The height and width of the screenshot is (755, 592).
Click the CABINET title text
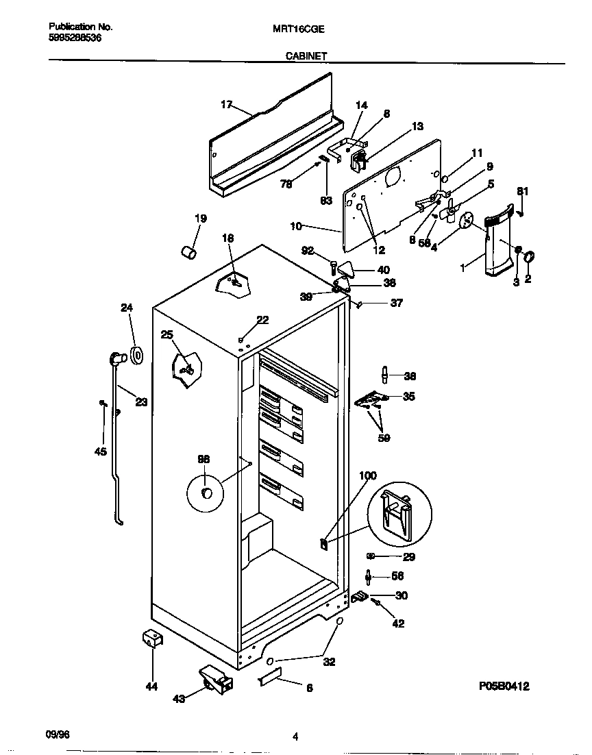306,58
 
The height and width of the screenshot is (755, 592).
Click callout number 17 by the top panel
226,104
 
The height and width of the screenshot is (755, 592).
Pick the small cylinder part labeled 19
188,252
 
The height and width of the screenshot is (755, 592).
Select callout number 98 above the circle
204,459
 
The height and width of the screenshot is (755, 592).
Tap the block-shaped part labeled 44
151,639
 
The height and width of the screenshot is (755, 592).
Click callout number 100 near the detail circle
368,475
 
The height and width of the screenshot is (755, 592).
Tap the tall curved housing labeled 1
496,247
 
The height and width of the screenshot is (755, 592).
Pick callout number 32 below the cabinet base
329,662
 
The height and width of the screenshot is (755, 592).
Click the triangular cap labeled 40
347,269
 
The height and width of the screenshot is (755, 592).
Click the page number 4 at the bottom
295,737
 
